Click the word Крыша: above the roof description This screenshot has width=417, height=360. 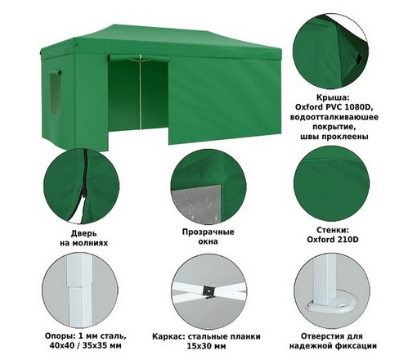pyautogui.click(x=333, y=97)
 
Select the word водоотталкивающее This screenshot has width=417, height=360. pyautogui.click(x=334, y=117)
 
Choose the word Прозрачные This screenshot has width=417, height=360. pyautogui.click(x=208, y=232)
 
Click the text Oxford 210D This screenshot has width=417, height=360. pyautogui.click(x=333, y=240)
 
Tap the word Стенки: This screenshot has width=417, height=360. pyautogui.click(x=333, y=230)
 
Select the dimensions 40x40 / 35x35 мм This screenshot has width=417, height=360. pyautogui.click(x=86, y=346)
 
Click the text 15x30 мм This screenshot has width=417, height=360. pyautogui.click(x=206, y=346)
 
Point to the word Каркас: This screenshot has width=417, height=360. pyautogui.click(x=168, y=336)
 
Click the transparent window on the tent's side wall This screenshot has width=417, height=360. pyautogui.click(x=55, y=94)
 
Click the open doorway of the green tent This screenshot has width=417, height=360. pyautogui.click(x=138, y=96)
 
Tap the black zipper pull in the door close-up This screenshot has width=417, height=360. pyautogui.click(x=84, y=192)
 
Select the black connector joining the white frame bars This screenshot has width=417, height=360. pyautogui.click(x=208, y=291)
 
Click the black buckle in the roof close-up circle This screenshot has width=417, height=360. pyautogui.click(x=358, y=59)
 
